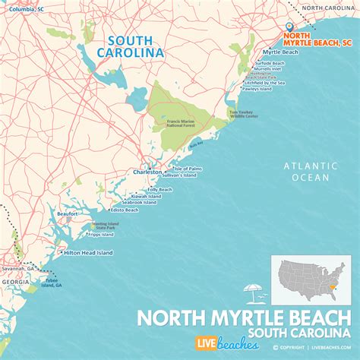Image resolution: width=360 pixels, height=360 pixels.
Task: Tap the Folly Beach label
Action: point(159,189)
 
